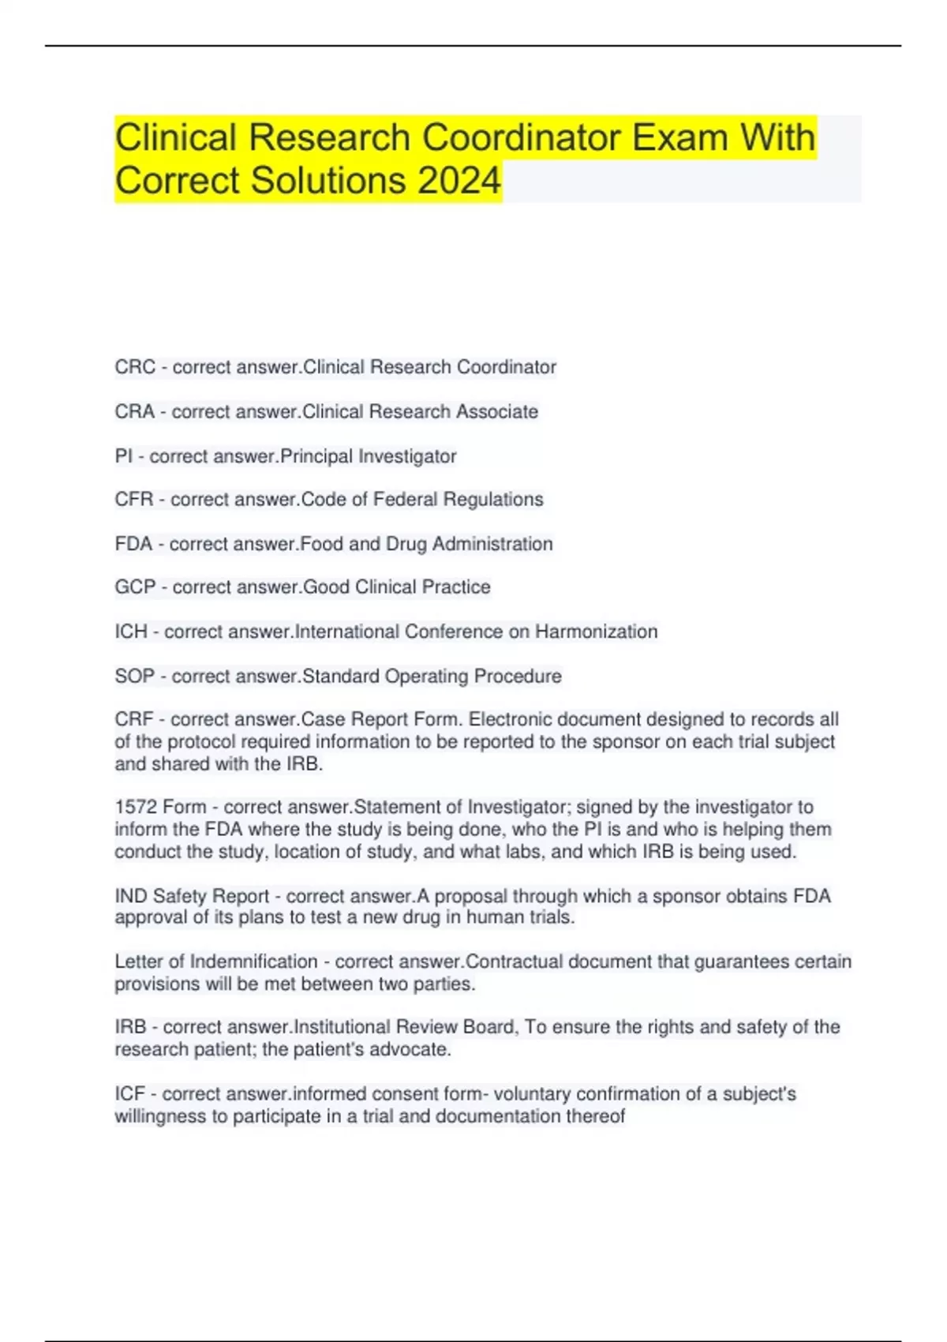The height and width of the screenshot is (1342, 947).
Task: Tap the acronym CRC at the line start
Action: (135, 367)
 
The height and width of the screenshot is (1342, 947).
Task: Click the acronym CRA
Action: (135, 411)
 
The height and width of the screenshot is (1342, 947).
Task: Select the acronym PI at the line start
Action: (123, 456)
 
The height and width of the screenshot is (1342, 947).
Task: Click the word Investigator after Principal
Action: (407, 456)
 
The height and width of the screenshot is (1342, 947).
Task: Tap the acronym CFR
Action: (134, 500)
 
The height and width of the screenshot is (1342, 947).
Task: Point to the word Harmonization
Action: (597, 632)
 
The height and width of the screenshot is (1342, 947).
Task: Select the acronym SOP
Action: (135, 677)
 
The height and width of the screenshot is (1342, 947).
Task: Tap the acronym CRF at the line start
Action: (134, 720)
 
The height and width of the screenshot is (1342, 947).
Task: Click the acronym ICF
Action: (130, 1094)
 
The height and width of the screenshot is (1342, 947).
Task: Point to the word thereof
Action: (595, 1116)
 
